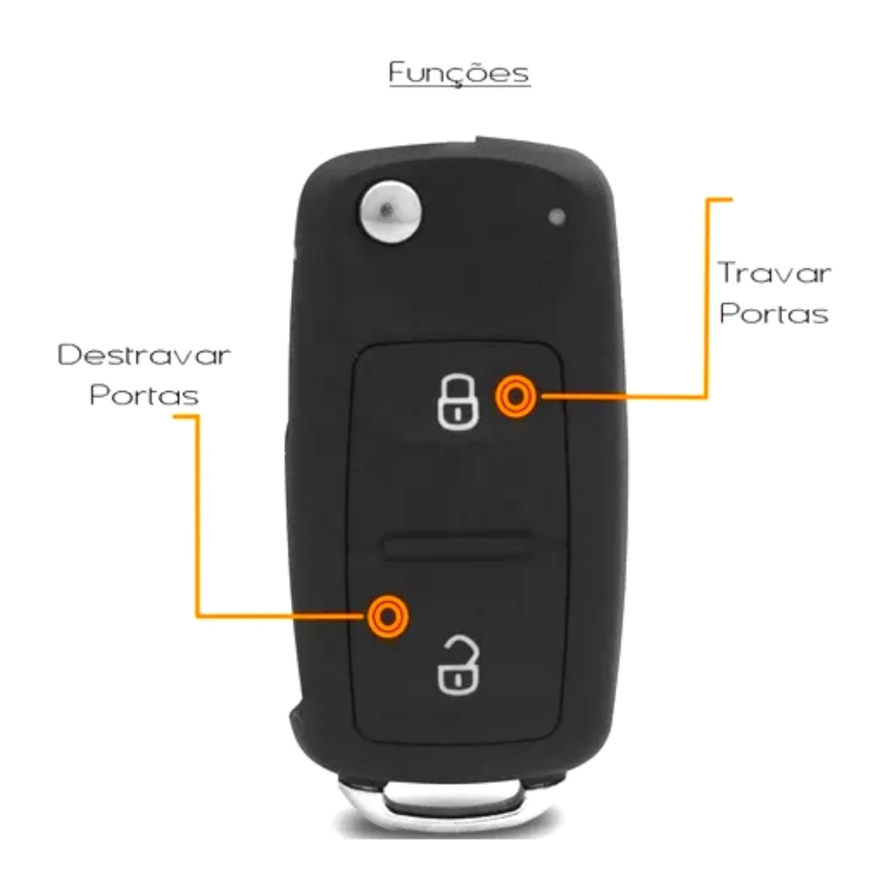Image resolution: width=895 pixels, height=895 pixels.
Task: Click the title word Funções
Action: tap(459, 73)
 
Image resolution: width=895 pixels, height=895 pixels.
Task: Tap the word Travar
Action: tap(774, 274)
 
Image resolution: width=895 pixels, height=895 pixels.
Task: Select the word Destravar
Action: tap(144, 356)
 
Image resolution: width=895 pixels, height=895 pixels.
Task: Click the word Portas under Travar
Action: tap(774, 315)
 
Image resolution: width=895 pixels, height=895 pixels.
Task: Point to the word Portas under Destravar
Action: tap(144, 396)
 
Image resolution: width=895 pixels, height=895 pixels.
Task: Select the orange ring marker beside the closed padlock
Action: tap(516, 397)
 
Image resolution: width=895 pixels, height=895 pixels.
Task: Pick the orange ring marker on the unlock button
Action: tap(386, 616)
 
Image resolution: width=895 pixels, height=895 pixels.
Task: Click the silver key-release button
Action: tap(387, 209)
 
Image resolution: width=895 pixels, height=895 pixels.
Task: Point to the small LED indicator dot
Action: tap(557, 216)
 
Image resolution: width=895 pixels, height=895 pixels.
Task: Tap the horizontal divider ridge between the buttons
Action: tap(456, 546)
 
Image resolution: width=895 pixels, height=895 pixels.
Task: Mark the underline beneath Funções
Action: tap(459, 87)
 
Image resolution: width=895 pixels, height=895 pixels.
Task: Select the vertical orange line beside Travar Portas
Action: tap(706, 297)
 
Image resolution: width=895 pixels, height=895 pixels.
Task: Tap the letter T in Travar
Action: tap(727, 274)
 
